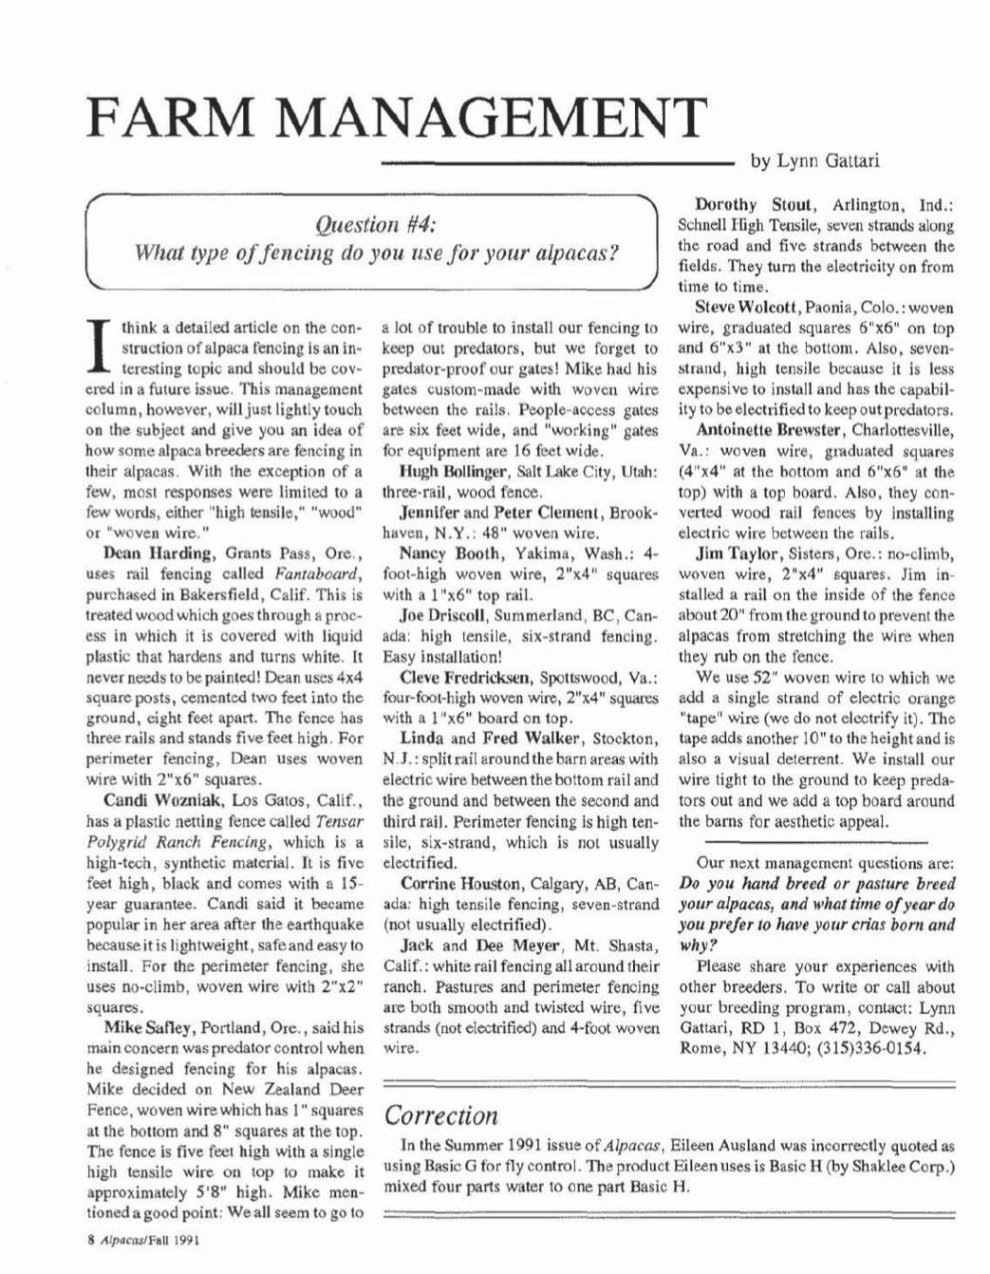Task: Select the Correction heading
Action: pos(440,1115)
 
